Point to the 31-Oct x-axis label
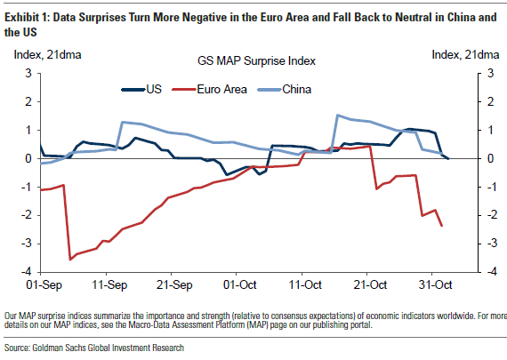pyautogui.click(x=434, y=286)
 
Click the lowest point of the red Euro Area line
pyautogui.click(x=70, y=260)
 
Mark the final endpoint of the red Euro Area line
pyautogui.click(x=442, y=226)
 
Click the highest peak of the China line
pyautogui.click(x=337, y=115)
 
